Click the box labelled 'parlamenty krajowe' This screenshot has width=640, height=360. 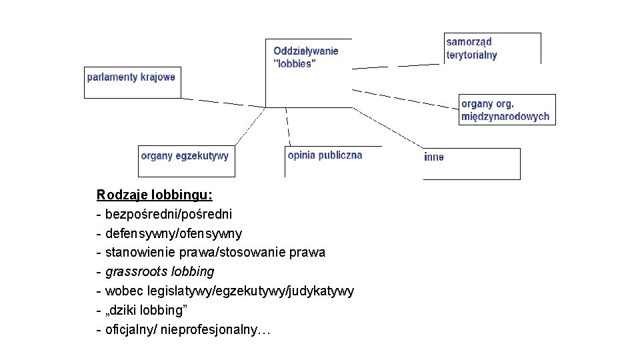(x=132, y=82)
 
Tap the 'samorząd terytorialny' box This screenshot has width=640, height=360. (x=492, y=48)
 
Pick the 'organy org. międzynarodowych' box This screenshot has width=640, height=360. (x=507, y=109)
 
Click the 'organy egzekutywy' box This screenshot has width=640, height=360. (x=186, y=161)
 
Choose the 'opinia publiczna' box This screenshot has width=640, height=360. (x=332, y=161)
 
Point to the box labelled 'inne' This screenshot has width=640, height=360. (x=471, y=163)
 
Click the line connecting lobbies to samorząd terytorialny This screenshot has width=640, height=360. (x=398, y=65)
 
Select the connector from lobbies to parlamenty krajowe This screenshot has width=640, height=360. (x=223, y=103)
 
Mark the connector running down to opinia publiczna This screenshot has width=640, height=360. (x=287, y=127)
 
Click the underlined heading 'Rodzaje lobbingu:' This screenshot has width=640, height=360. (x=155, y=195)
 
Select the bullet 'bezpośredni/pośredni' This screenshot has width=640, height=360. (x=169, y=215)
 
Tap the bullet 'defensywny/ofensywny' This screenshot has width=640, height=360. (x=173, y=234)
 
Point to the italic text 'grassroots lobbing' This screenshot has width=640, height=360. (x=160, y=272)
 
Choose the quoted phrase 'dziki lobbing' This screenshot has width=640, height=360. (x=147, y=311)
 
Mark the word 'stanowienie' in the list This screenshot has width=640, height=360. (x=136, y=253)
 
